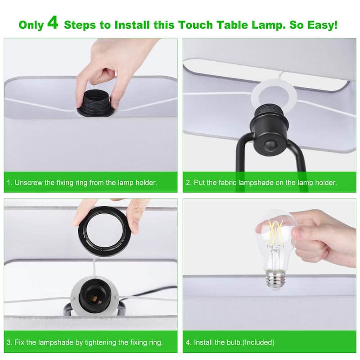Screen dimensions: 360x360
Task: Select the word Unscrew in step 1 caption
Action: click(27, 183)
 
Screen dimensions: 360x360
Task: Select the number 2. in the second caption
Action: click(189, 183)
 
